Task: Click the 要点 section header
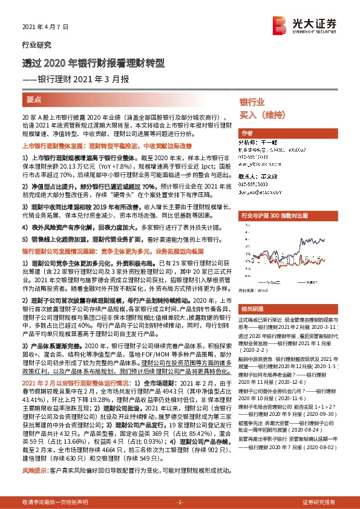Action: pos(34,98)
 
